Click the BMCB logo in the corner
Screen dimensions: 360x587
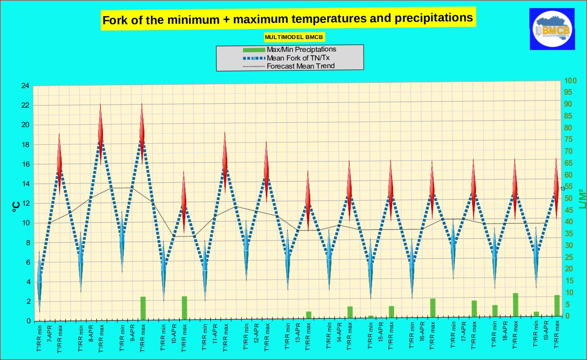tap(552, 29)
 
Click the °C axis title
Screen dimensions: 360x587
tap(16, 205)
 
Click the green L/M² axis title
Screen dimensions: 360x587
tap(581, 200)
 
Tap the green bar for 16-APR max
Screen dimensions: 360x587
tap(433, 309)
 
